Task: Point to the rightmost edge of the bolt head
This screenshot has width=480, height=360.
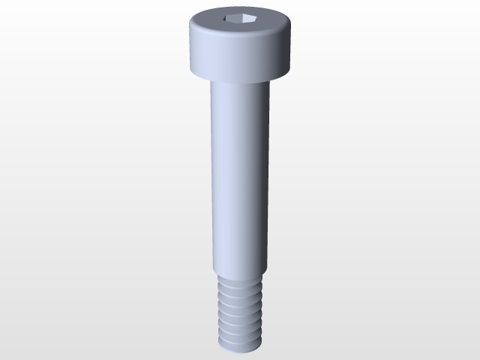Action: [x=290, y=46]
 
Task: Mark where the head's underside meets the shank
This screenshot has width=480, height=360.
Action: [x=239, y=81]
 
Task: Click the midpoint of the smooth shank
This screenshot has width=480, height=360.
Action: [x=239, y=176]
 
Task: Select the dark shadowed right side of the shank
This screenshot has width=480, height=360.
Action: [x=264, y=176]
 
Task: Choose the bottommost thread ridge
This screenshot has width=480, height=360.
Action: [x=239, y=341]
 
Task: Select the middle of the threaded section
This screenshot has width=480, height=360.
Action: [x=239, y=311]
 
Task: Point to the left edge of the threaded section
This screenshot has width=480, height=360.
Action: [x=218, y=311]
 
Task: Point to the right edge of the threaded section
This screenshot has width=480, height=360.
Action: [x=260, y=311]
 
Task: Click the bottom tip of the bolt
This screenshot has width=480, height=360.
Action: [x=239, y=349]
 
